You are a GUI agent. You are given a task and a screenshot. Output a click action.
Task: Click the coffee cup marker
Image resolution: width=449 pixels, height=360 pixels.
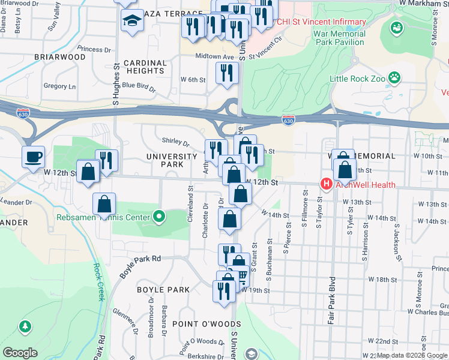pos(34,158)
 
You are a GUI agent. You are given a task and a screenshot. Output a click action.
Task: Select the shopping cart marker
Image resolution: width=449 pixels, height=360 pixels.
pos(241,277)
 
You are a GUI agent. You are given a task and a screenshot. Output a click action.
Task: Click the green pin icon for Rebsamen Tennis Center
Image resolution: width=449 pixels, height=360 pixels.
pos(159,216)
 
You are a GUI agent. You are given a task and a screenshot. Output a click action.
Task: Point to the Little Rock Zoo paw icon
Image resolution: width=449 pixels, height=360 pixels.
pos(394,77)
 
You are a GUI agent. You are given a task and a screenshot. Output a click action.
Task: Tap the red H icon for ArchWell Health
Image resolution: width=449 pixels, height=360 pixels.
pos(326,184)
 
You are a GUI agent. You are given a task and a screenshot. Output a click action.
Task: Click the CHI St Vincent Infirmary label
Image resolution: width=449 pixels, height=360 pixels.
pos(321,22)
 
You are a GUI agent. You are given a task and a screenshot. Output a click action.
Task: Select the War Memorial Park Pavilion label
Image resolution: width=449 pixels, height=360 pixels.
pos(339,38)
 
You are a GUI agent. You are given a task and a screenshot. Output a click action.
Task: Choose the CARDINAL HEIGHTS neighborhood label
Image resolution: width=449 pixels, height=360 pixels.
pos(145,67)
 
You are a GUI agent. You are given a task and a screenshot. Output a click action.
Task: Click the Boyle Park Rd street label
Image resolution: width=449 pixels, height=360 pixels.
pos(140,266)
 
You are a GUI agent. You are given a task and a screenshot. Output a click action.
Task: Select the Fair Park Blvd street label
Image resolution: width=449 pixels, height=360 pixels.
pos(331,300)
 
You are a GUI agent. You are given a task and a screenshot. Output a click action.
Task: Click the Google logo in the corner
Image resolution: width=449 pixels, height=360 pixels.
pos(20,353)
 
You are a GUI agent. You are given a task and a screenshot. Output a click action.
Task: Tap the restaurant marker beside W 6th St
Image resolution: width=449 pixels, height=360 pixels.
pos(227,73)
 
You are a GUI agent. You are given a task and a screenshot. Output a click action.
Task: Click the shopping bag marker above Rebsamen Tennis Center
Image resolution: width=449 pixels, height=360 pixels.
pos(104,204)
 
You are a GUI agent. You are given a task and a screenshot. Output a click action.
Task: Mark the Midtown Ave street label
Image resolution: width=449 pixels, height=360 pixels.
pos(214,56)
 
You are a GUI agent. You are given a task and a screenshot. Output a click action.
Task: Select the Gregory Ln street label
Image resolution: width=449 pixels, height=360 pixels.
pos(59,86)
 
